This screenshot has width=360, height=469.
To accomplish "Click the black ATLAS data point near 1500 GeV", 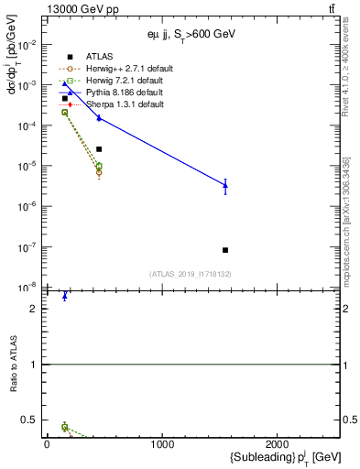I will coord(225,250).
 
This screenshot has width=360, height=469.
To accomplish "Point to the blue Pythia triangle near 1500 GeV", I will coord(225,185).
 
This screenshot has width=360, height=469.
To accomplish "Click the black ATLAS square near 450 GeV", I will coord(99,148).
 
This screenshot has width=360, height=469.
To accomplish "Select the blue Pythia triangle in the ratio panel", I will coord(65,296).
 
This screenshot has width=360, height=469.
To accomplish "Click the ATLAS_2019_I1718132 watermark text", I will coord(191,273).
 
